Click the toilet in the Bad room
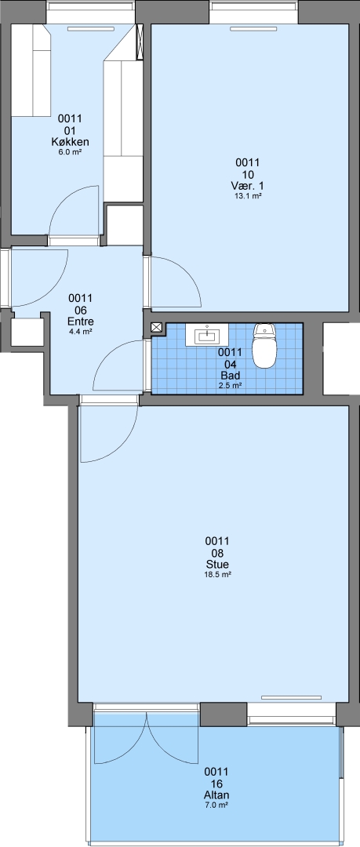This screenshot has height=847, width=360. tap(264, 347)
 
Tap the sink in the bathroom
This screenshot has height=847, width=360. tap(207, 335)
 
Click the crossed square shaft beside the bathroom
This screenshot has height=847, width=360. tap(156, 327)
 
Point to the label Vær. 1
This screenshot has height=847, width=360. tap(248, 186)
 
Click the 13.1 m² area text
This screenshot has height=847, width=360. tap(248, 196)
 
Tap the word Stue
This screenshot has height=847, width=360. tap(217, 565)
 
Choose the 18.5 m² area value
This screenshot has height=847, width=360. tap(217, 575)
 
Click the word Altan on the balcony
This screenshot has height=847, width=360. tap(216, 795)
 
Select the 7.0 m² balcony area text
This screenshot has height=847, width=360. tap(216, 805)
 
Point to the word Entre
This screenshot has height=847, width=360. tap(80, 322)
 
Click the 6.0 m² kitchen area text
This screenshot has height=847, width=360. tap(71, 152)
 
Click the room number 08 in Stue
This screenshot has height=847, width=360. tap(217, 553)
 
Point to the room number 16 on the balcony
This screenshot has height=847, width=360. tap(216, 783)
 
